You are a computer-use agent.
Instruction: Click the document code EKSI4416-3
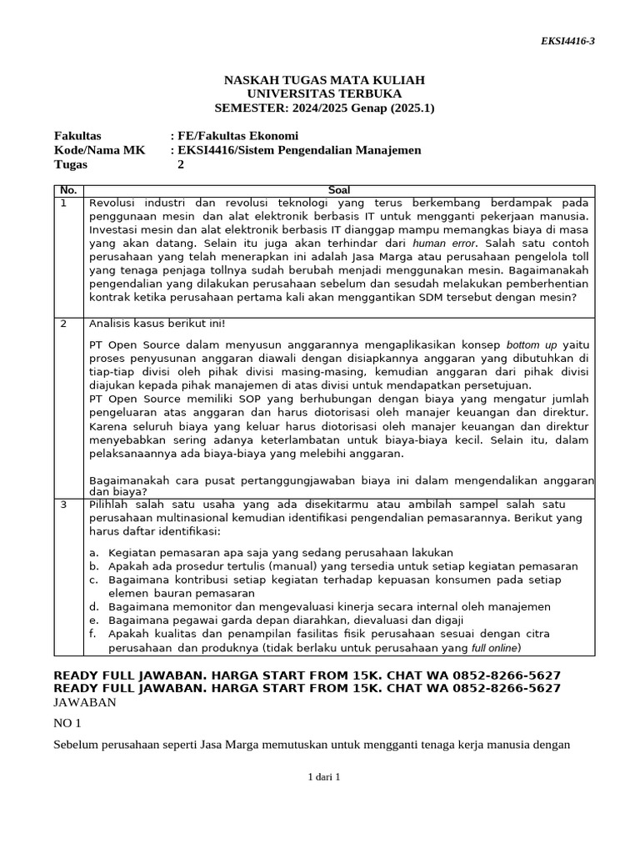click(567, 42)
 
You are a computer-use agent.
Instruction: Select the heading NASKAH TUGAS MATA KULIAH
click(324, 79)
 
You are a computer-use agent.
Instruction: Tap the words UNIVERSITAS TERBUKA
click(324, 93)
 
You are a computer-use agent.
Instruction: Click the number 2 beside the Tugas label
click(181, 164)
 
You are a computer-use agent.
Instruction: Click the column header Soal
click(339, 190)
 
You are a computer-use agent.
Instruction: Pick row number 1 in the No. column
click(63, 203)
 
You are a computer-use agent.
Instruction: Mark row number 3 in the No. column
click(63, 505)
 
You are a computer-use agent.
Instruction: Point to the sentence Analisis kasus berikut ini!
click(157, 324)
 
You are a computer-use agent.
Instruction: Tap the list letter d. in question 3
click(94, 606)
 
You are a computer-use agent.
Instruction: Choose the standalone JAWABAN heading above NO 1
click(85, 702)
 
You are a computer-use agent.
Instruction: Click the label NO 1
click(68, 724)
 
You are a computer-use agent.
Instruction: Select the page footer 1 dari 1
click(324, 776)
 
